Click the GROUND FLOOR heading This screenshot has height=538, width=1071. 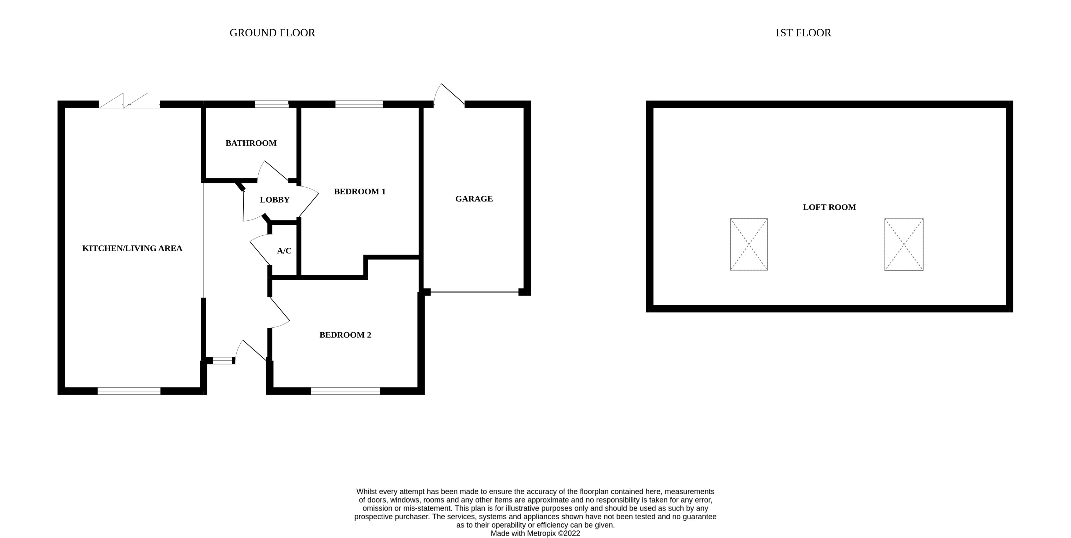pyautogui.click(x=272, y=33)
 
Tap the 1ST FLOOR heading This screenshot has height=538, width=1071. pyautogui.click(x=803, y=33)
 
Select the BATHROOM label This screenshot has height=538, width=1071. pyautogui.click(x=251, y=143)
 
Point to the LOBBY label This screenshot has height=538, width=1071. pyautogui.click(x=275, y=200)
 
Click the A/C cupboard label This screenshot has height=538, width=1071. pyautogui.click(x=284, y=251)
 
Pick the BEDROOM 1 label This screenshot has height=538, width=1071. pyautogui.click(x=360, y=191)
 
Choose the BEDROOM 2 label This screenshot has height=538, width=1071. pyautogui.click(x=345, y=335)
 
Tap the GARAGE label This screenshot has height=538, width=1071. pyautogui.click(x=474, y=199)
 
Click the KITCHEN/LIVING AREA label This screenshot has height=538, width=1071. pyautogui.click(x=132, y=249)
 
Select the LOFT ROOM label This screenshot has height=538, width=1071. pyautogui.click(x=829, y=207)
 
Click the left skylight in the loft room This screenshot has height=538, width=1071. pyautogui.click(x=749, y=244)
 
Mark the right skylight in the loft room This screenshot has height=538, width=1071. pyautogui.click(x=904, y=244)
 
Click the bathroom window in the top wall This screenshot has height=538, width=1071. pyautogui.click(x=271, y=104)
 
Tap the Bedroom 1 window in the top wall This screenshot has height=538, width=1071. pyautogui.click(x=359, y=104)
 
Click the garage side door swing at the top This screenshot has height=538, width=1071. pyautogui.click(x=449, y=95)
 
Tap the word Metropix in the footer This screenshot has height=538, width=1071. pyautogui.click(x=541, y=533)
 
